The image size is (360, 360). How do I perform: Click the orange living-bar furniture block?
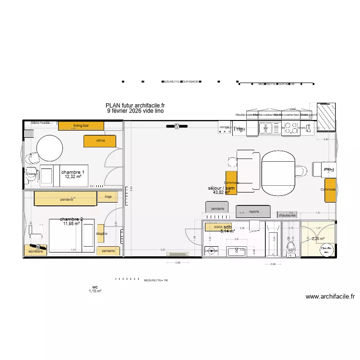(x=81, y=126)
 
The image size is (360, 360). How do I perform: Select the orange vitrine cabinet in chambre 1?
(x=100, y=141)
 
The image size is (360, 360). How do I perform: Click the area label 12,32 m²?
(x=73, y=177)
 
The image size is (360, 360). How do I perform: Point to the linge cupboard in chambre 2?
(x=108, y=196)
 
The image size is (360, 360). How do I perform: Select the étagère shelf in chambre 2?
(x=101, y=234)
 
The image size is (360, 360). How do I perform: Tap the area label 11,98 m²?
(x=71, y=224)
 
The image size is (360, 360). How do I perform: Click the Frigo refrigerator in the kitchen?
(x=239, y=129)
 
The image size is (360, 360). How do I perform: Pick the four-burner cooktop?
(x=291, y=128)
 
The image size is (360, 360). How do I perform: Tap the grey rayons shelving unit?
(x=253, y=211)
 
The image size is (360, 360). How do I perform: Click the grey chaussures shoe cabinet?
(x=289, y=215)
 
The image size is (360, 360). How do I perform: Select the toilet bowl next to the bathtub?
(x=289, y=246)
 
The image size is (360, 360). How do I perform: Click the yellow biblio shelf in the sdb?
(x=214, y=227)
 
